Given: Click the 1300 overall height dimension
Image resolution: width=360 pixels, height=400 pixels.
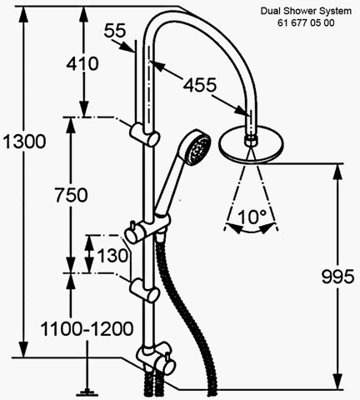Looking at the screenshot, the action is click(x=24, y=142).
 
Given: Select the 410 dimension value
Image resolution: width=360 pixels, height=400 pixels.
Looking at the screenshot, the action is click(x=82, y=63).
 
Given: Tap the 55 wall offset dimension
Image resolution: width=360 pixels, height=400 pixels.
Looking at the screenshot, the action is click(x=115, y=30).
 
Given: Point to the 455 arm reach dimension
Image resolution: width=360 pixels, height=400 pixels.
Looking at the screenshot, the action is click(x=199, y=85).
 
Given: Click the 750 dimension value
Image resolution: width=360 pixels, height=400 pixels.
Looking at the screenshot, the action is click(x=71, y=194).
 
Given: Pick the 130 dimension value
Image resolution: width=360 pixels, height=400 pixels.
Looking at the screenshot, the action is click(x=112, y=255).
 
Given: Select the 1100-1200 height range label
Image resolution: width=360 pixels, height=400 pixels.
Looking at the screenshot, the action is click(x=87, y=329).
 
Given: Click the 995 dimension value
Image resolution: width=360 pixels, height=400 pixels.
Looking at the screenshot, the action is click(x=337, y=276).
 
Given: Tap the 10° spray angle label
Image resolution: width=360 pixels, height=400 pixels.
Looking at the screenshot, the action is click(x=252, y=217).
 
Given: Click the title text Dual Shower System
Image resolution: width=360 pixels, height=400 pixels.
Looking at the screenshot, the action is click(x=306, y=11).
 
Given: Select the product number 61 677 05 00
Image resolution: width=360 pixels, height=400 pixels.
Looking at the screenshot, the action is click(x=306, y=22).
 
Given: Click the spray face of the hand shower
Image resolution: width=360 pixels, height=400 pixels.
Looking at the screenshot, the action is click(x=197, y=149).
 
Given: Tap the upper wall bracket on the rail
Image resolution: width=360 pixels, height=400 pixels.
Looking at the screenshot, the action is click(x=144, y=134).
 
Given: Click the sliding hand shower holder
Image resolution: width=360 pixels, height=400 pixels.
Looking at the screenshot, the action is click(x=147, y=227).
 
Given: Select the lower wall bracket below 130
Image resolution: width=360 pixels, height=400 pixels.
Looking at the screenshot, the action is click(x=144, y=291).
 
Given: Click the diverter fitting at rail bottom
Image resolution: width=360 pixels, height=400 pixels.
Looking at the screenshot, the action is click(x=155, y=358).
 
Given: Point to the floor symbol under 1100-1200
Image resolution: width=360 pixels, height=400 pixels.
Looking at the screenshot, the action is click(x=87, y=392).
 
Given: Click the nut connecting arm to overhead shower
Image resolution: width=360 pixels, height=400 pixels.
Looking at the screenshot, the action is click(x=251, y=139).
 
